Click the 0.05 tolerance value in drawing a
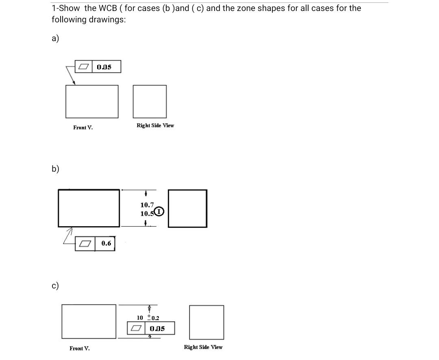[104, 67]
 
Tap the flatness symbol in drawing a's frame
[84, 67]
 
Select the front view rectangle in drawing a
[92, 101]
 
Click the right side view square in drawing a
[150, 101]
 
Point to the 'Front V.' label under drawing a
[83, 128]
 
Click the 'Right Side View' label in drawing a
[155, 126]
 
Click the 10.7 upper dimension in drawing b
[147, 205]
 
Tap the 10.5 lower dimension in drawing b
[146, 214]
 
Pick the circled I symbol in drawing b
[159, 212]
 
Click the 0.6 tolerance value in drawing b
[106, 243]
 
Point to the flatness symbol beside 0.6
[85, 244]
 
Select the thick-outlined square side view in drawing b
[187, 208]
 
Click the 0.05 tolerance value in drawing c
[157, 329]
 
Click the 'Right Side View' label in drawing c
[203, 347]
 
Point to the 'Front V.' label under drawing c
[80, 349]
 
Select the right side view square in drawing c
[206, 322]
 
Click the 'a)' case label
[55, 39]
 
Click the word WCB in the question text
[108, 8]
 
